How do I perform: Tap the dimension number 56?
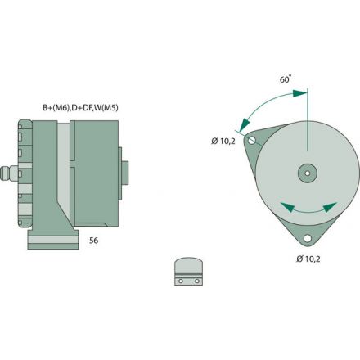93,242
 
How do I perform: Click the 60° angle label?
286,81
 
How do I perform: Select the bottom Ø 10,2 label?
308,259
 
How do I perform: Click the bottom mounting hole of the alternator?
308,240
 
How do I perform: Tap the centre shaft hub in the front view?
308,173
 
